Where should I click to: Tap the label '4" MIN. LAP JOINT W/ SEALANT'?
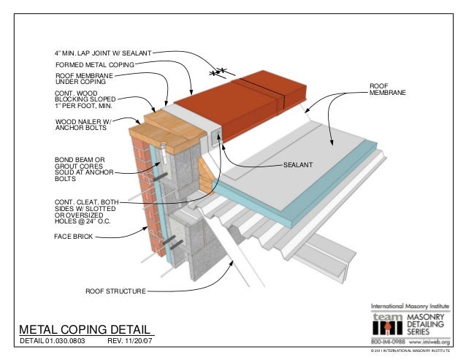point(104,54)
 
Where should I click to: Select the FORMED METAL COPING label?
point(96,65)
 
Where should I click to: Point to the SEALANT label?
point(298,166)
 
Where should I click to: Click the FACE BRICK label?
point(73,237)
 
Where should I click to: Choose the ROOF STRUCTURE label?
point(115,291)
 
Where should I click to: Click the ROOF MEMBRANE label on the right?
point(386,91)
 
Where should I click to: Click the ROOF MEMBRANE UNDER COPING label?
point(84,78)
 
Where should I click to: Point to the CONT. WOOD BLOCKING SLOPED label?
point(85,100)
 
